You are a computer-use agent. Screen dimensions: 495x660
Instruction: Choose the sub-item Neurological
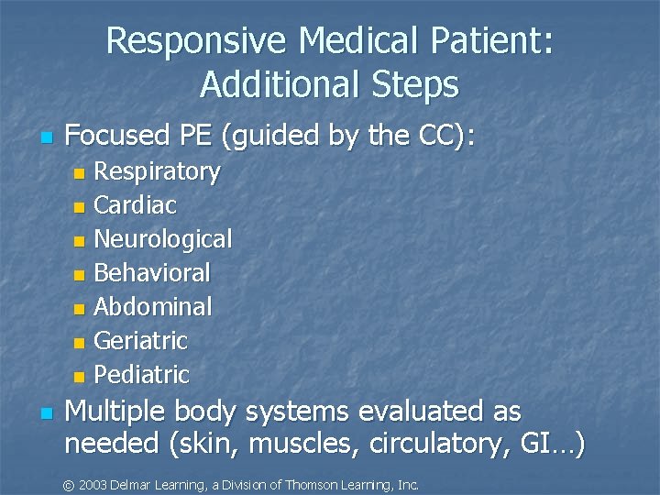[163, 240]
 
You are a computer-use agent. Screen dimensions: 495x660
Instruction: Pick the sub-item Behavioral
[152, 273]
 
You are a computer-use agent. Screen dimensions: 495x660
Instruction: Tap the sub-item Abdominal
[152, 307]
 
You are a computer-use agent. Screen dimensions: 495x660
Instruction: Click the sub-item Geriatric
[140, 341]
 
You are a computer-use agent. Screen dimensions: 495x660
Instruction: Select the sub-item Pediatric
[141, 375]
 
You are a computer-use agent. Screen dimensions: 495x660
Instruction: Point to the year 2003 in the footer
[94, 484]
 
